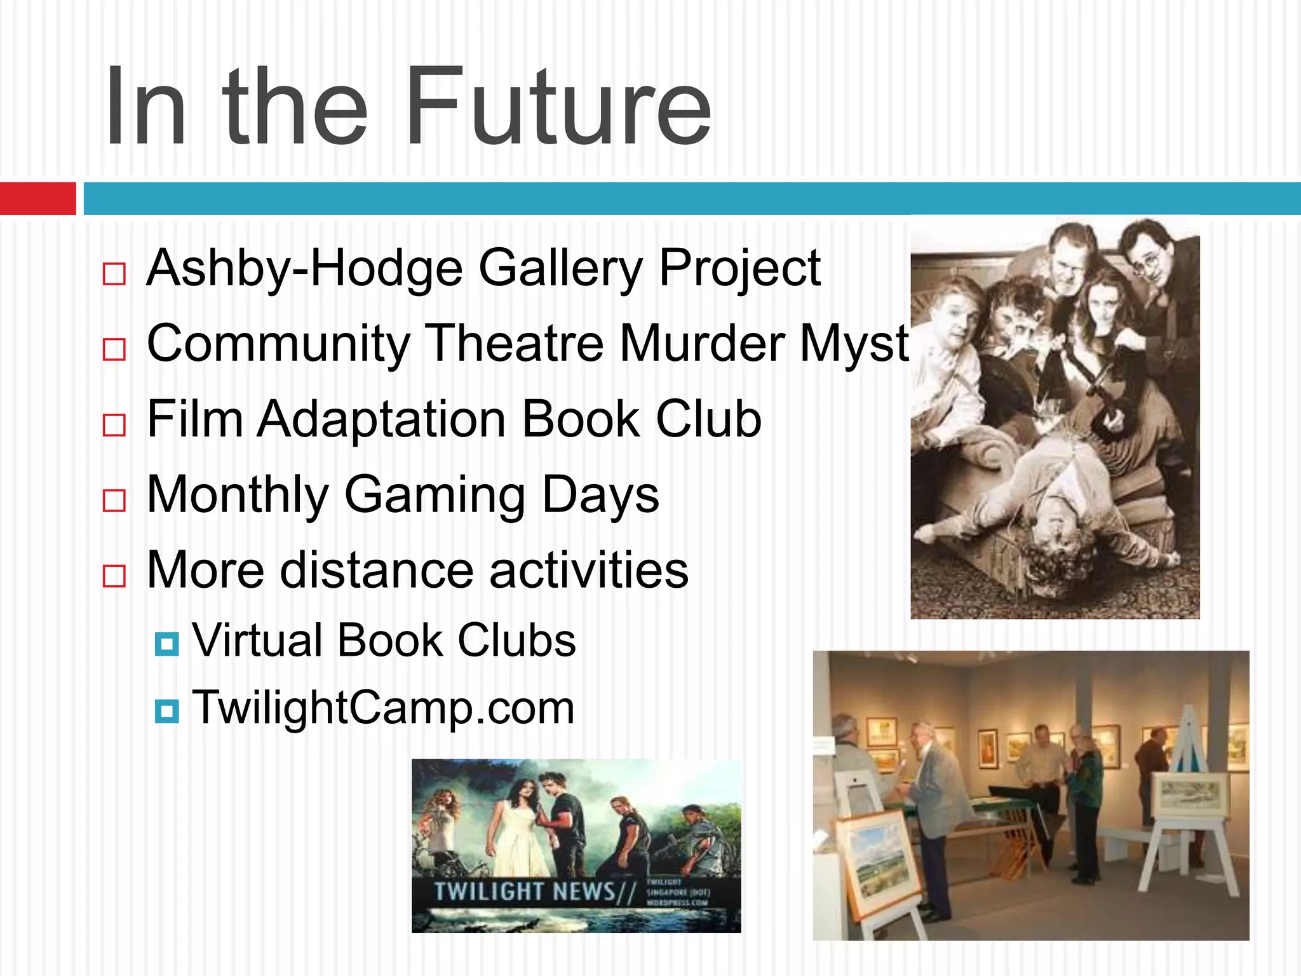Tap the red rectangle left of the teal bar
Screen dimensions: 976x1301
coord(37,198)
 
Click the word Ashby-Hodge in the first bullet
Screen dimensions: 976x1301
coord(304,268)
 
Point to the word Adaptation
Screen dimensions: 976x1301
coord(381,419)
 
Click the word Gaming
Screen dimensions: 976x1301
coord(435,495)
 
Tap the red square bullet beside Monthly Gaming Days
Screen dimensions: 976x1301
coord(114,501)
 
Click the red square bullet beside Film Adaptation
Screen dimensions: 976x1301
coord(114,425)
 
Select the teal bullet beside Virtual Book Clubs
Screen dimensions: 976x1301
coord(166,644)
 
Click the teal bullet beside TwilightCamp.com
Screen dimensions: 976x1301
coord(166,711)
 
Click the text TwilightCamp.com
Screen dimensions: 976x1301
coord(383,707)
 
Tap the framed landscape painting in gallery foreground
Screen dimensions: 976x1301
coord(880,858)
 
